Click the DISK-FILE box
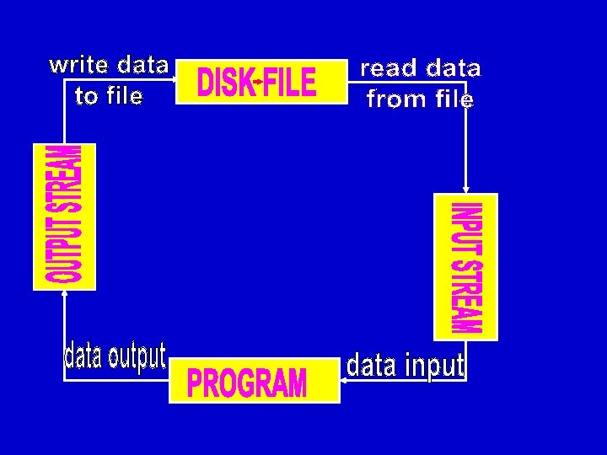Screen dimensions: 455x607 261,82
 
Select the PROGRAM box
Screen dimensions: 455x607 254,382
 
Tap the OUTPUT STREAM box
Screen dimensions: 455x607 64,216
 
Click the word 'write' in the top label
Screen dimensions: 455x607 80,65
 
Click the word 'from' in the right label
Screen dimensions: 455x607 396,99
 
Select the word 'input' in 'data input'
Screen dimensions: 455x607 434,366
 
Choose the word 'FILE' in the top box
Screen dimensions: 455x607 290,83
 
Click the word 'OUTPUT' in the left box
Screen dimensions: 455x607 65,249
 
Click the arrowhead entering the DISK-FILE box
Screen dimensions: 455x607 173,81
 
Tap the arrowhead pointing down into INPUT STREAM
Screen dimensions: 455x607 465,190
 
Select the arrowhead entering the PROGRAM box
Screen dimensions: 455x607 343,381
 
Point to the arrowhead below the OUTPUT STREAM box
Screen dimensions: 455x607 64,295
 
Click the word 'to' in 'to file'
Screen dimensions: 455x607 86,97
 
